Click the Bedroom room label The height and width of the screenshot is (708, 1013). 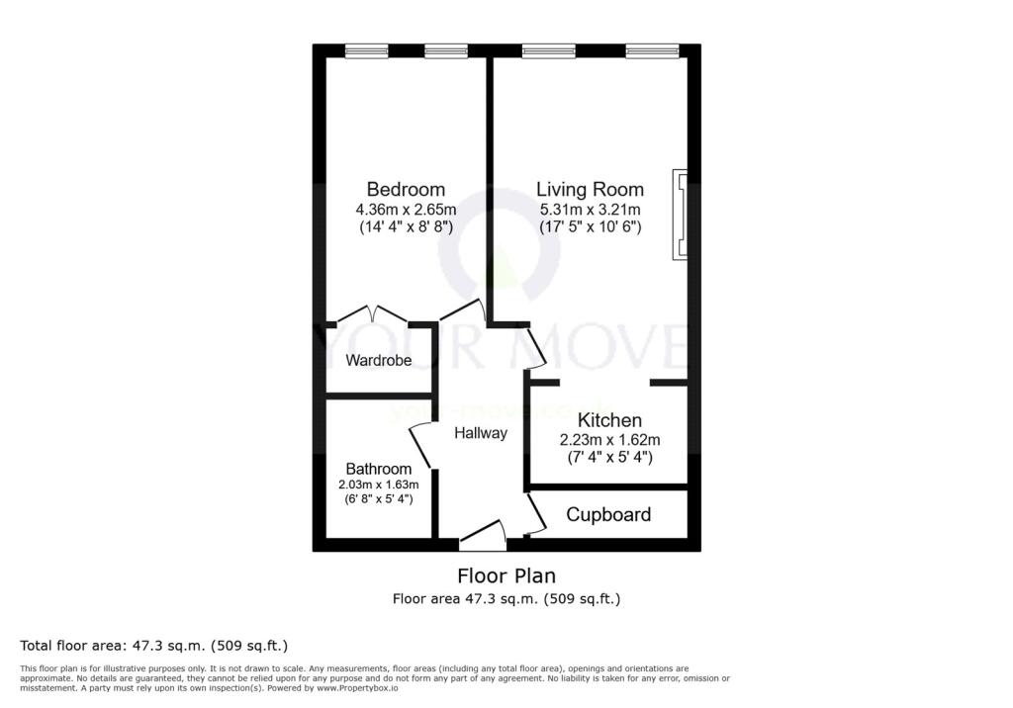click(x=406, y=189)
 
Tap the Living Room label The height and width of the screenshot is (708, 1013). click(x=590, y=189)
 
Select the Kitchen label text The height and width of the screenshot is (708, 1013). click(x=609, y=420)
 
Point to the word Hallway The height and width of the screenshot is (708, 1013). click(x=481, y=433)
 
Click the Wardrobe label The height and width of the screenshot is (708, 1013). click(x=378, y=361)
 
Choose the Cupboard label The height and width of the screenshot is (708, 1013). click(x=608, y=514)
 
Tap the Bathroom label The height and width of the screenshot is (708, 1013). click(x=379, y=469)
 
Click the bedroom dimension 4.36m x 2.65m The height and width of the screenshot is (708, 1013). click(x=406, y=209)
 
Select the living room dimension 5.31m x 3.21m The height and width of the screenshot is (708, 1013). click(x=590, y=209)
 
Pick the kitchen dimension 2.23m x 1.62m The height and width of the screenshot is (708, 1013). click(x=609, y=439)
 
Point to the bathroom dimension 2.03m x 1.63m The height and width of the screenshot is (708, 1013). click(x=379, y=485)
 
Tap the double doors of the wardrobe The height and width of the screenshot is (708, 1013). click(x=372, y=314)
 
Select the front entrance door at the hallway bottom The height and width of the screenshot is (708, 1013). click(x=484, y=536)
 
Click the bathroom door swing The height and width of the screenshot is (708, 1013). click(x=420, y=446)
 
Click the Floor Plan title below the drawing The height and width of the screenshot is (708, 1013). click(x=506, y=575)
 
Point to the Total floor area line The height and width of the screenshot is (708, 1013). click(x=154, y=646)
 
